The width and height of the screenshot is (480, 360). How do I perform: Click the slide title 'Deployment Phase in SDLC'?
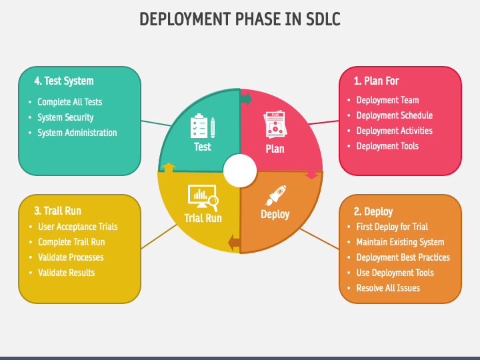coord(240,19)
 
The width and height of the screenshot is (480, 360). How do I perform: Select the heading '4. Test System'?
coord(64,81)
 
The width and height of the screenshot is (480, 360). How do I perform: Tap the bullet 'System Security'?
coord(65,117)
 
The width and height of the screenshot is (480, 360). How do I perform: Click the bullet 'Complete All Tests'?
coord(69,102)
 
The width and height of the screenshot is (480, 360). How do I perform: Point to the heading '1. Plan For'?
coord(376,81)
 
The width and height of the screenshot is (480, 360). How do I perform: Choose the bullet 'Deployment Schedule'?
coord(394,115)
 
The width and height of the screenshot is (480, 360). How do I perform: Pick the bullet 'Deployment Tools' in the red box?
coord(387,146)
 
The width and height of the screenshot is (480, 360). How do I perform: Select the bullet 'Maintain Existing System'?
coord(400,242)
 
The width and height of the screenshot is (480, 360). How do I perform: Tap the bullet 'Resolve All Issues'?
coord(388,288)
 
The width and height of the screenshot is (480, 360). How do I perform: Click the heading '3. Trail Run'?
coord(57,211)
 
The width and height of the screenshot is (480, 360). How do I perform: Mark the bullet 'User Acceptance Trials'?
coord(77,227)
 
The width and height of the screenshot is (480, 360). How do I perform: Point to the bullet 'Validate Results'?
coord(66,273)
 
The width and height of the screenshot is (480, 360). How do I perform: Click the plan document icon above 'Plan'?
coord(275,125)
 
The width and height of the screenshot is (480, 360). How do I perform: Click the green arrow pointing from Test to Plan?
coord(246,99)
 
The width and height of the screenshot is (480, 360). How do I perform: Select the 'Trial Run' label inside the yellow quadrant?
coord(203,218)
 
